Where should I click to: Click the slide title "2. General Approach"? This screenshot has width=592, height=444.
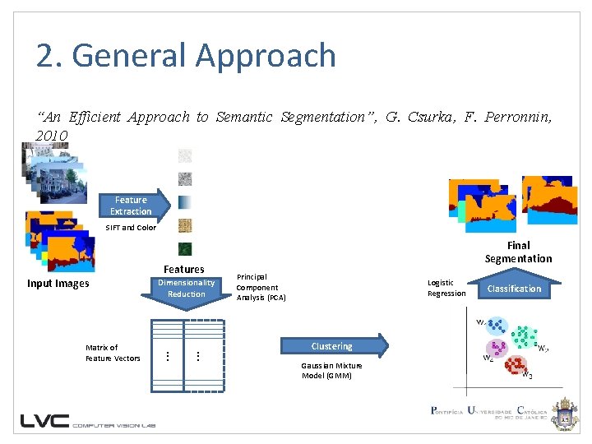pos(186,56)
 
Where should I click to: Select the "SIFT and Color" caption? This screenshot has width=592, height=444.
pos(130,228)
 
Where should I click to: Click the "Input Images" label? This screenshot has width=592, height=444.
pos(58,284)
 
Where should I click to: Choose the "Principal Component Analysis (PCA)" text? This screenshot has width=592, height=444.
pos(261,287)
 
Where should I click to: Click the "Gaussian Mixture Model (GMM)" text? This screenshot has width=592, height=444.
pos(326,370)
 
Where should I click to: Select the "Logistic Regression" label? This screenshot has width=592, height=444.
pos(446,288)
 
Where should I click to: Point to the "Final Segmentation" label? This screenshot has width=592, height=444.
pos(518,252)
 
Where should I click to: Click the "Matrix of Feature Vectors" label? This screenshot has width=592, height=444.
pos(113,353)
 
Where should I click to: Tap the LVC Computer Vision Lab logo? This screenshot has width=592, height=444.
pos(88,420)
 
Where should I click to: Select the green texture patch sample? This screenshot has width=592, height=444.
pos(185,249)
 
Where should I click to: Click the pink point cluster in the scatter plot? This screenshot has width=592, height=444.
pos(496,349)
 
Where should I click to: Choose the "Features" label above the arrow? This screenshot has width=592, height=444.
pos(184,269)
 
